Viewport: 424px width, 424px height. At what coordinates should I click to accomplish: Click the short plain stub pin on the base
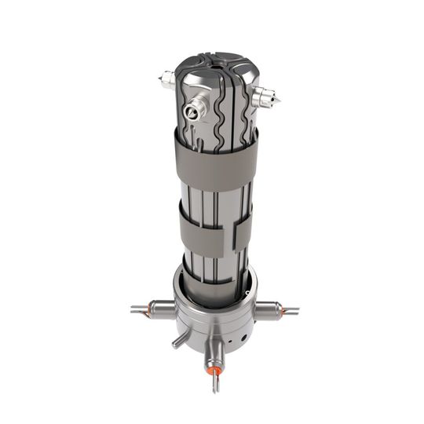180,339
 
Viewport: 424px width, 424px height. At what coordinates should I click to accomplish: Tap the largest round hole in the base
233,342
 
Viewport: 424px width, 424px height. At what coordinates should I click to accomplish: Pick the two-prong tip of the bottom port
212,382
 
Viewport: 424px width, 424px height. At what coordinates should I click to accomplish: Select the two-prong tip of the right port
294,312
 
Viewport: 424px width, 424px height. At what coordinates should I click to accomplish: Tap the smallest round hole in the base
246,338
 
